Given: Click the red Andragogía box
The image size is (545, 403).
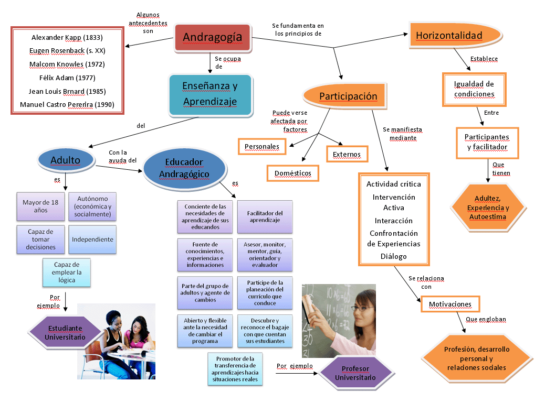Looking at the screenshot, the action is pos(212,37).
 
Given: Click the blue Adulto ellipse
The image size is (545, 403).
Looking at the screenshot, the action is pos(66,160).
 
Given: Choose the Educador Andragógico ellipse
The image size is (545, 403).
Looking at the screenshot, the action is pos(185,168).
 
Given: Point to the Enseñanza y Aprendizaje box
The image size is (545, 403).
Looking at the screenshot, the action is pos(211,95).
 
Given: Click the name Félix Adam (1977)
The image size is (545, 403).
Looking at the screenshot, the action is pos(67,78).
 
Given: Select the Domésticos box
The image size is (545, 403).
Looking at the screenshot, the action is pos(292,173).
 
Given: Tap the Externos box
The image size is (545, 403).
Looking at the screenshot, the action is pos(347,154).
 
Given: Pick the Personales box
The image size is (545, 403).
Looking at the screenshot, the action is pos(262,146).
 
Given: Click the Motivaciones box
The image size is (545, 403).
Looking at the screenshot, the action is pos(450,304).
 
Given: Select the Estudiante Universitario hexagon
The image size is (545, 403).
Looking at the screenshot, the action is pos(65,332).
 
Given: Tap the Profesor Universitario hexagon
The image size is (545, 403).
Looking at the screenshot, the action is pos(355,373).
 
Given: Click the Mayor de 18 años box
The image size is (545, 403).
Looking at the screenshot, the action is pos(40,206).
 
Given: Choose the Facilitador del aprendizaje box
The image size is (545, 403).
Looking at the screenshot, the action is pos(265,216).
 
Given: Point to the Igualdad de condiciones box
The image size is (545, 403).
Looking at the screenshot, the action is pos(474,90).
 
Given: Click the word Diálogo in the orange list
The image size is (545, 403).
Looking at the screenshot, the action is pos(393,256).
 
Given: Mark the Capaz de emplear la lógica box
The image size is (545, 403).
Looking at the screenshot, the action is pos(67,273).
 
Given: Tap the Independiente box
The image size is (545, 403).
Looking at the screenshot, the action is pos(92,239).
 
